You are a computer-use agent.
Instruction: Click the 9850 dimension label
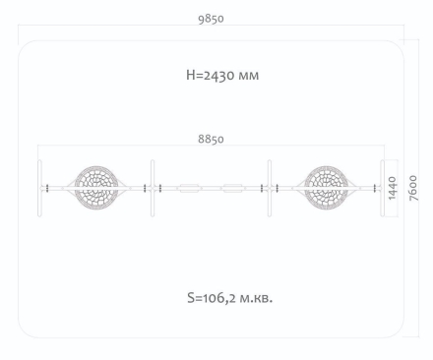click(x=211, y=19)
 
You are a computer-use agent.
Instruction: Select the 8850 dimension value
click(x=211, y=139)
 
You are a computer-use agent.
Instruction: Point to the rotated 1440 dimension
click(x=392, y=188)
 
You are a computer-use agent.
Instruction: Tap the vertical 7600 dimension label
click(x=413, y=188)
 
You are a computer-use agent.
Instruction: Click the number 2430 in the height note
click(x=218, y=76)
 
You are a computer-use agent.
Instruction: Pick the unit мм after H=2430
click(x=249, y=76)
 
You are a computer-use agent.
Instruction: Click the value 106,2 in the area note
click(x=219, y=298)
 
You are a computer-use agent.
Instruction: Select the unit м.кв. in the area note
click(x=256, y=298)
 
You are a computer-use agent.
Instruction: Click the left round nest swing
click(x=96, y=188)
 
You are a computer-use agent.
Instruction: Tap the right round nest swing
click(x=326, y=188)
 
